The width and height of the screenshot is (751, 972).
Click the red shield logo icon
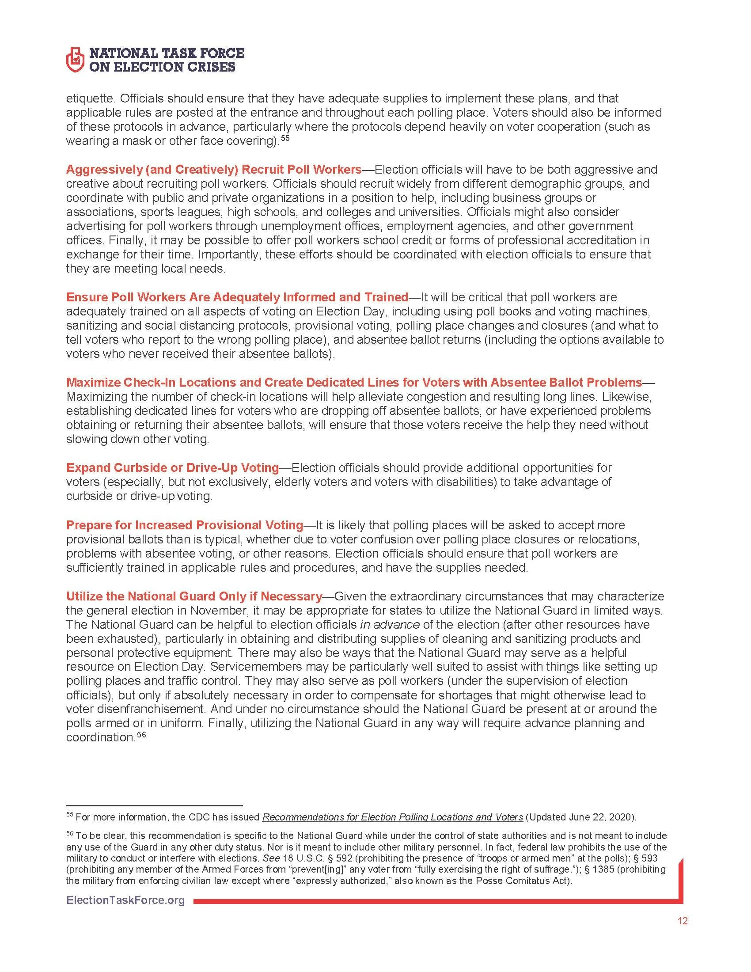75,59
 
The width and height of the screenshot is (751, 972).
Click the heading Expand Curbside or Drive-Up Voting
172,468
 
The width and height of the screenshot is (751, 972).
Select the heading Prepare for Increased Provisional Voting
185,525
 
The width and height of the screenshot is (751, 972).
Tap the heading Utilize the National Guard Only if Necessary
194,596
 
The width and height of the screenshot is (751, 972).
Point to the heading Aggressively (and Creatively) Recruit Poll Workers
213,170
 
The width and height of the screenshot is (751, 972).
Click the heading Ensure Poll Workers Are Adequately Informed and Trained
237,297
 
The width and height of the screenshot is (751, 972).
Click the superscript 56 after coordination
141,735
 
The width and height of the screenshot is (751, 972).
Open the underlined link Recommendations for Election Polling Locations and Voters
392,817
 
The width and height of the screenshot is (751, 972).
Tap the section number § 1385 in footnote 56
604,869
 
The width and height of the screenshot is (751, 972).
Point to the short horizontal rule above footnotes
154,805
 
